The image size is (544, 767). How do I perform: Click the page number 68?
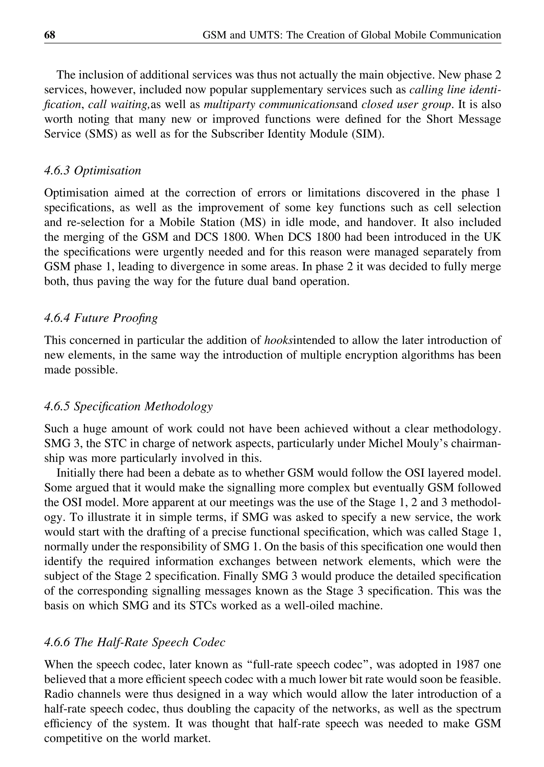pyautogui.click(x=50, y=35)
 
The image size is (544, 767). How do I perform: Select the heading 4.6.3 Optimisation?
pyautogui.click(x=92, y=171)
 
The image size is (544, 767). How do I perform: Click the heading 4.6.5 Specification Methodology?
pyautogui.click(x=128, y=406)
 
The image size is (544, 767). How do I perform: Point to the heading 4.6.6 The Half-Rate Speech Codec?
pyautogui.click(x=135, y=642)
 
